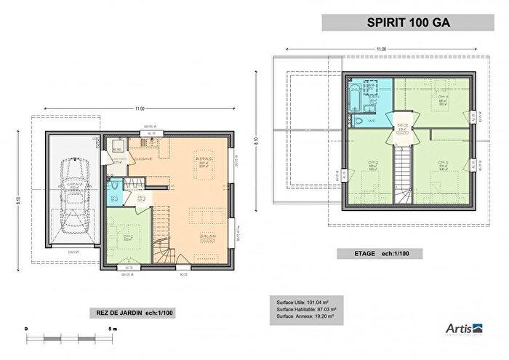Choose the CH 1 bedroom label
point(127,236)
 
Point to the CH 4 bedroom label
point(442,97)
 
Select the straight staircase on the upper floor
point(402,175)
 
